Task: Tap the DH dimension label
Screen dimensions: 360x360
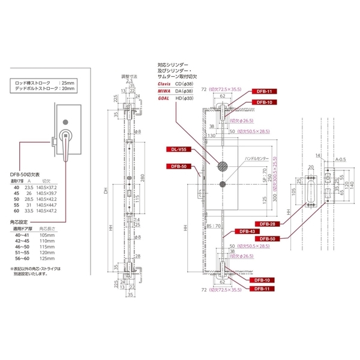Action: tap(104, 191)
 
